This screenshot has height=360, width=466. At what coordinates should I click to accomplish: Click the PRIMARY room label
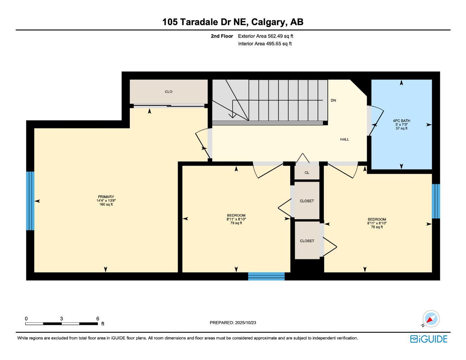pos(106,197)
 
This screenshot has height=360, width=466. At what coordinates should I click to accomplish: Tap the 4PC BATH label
pos(401,121)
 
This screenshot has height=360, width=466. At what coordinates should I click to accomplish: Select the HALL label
pos(344,140)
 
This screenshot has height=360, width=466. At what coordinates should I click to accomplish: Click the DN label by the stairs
pos(333,101)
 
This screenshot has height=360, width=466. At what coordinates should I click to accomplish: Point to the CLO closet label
pos(168,92)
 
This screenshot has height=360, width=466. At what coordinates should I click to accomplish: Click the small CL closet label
pos(307,173)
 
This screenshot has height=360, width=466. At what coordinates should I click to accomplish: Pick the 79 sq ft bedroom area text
pos(236,223)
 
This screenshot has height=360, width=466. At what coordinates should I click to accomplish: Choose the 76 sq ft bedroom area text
pos(377,227)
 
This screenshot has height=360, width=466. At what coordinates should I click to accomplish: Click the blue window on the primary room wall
pos(30,201)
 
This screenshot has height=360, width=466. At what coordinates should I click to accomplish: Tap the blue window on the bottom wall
pos(266,276)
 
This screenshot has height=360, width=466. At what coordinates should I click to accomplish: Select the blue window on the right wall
pos(436,201)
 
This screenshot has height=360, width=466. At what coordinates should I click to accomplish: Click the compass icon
pos(431,319)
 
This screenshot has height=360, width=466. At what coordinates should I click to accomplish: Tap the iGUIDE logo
pos(429,339)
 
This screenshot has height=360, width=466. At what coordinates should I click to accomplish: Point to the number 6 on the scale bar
pos(98,319)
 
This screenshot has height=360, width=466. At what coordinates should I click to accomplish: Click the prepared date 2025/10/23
pos(245,323)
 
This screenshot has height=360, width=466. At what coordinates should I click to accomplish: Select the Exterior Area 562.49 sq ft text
pos(266,36)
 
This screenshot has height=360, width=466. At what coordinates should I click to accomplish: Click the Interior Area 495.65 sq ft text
pos(265,44)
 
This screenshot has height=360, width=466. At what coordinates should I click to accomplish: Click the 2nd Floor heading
pos(222,36)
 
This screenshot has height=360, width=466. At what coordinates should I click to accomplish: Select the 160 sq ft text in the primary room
pos(106,205)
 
